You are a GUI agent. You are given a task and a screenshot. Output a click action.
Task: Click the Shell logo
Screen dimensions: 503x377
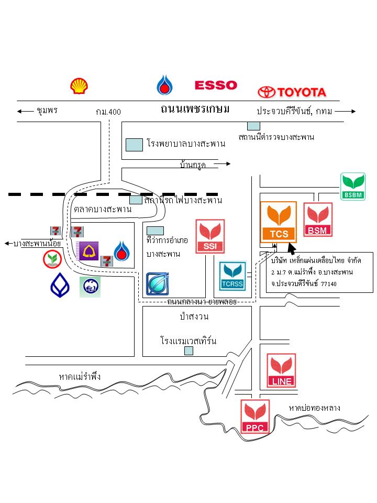point(80,85)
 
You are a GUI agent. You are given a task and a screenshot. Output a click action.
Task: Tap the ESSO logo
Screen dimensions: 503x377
point(216,85)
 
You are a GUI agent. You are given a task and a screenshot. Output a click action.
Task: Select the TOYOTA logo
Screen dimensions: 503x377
point(292,92)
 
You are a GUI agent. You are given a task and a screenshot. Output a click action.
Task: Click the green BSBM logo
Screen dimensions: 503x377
point(352,187)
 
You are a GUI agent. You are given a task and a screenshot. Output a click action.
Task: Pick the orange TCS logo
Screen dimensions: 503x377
point(279,222)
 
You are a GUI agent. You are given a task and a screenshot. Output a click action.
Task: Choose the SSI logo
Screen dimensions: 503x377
point(209,236)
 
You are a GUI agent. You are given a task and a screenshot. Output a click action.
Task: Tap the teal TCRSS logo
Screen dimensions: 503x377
point(232,276)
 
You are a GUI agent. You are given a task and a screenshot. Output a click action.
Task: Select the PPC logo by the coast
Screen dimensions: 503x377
point(255,416)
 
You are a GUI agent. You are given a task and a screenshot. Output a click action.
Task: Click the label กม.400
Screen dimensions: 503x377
point(108,112)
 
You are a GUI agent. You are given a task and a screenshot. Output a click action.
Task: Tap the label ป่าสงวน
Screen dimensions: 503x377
point(194,316)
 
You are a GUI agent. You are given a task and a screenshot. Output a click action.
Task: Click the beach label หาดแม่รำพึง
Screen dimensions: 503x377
point(80,377)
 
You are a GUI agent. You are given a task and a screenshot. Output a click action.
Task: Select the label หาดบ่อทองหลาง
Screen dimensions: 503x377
point(315,408)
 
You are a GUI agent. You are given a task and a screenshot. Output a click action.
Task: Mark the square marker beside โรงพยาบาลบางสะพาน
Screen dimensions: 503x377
point(135,144)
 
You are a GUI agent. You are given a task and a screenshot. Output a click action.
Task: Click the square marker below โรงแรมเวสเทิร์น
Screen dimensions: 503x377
point(188,351)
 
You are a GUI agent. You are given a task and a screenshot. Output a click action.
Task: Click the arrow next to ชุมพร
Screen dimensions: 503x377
point(25,111)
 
